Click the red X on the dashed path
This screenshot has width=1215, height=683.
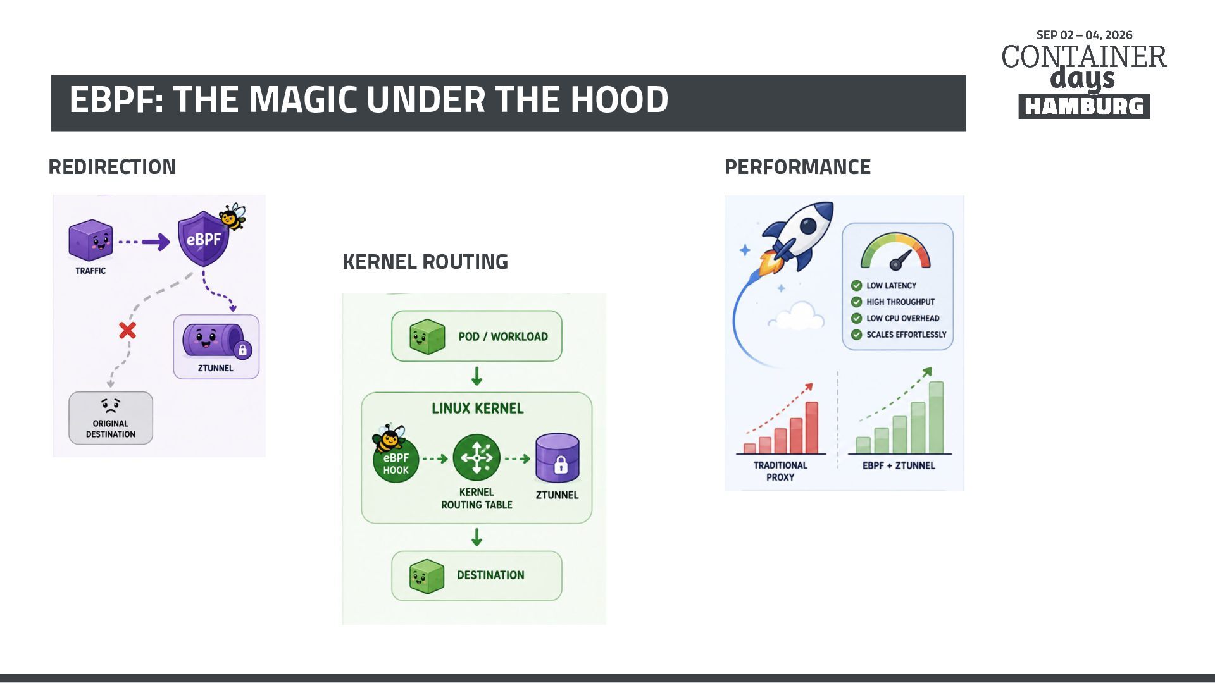127,330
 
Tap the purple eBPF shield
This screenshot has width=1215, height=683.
203,239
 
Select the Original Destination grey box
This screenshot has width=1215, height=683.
111,418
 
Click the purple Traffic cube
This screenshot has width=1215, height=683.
90,240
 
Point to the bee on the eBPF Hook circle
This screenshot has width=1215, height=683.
389,438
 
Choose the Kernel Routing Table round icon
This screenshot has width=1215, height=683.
477,457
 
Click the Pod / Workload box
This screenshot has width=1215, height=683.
477,336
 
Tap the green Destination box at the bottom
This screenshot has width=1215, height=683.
477,575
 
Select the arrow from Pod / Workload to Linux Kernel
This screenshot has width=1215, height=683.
477,376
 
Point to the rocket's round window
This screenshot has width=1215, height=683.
809,226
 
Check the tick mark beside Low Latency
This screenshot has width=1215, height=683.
856,285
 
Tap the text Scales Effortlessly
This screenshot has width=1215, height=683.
906,335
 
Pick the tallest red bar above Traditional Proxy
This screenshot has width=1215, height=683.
811,428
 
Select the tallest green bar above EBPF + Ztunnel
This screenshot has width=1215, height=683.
936,417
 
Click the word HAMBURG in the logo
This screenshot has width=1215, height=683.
1084,106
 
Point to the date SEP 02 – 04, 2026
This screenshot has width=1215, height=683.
1085,35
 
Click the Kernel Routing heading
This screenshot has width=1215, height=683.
425,261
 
